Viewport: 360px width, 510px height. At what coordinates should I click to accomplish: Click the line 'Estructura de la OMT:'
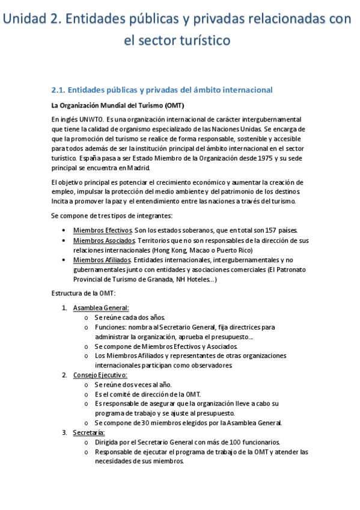(x=84, y=293)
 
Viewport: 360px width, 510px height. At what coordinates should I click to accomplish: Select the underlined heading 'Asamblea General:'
(x=97, y=308)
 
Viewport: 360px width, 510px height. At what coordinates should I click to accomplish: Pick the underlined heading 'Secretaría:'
(x=89, y=433)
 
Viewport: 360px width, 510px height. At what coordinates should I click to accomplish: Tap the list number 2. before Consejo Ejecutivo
(x=64, y=375)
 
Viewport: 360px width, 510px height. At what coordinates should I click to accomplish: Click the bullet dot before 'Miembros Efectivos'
(x=64, y=230)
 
